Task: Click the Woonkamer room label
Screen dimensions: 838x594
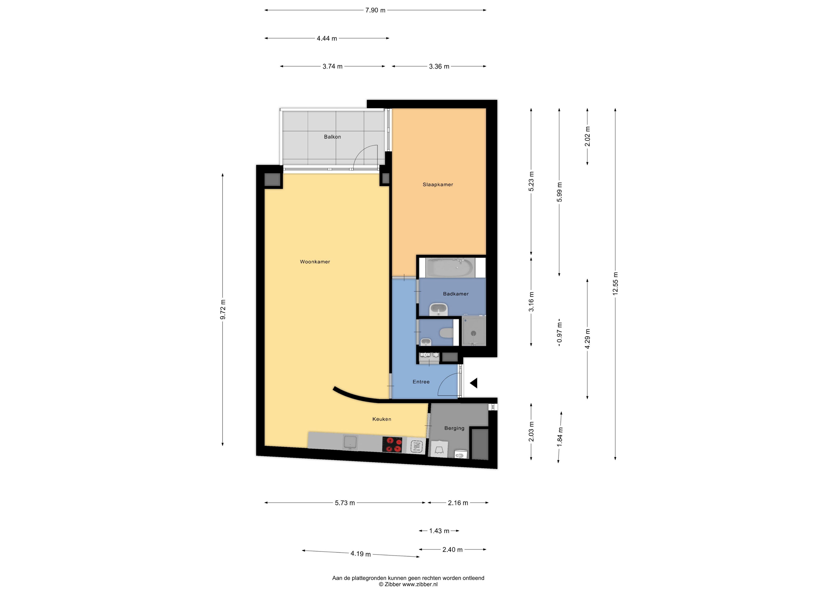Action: [315, 262]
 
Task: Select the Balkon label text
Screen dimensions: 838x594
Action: [332, 137]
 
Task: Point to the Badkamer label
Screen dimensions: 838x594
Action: [456, 294]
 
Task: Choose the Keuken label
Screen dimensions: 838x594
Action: [382, 419]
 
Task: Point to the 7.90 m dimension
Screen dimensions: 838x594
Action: [375, 10]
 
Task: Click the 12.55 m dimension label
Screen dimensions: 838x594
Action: [615, 283]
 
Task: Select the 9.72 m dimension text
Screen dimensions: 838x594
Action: [222, 310]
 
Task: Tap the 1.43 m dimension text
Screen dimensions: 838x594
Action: [439, 531]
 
